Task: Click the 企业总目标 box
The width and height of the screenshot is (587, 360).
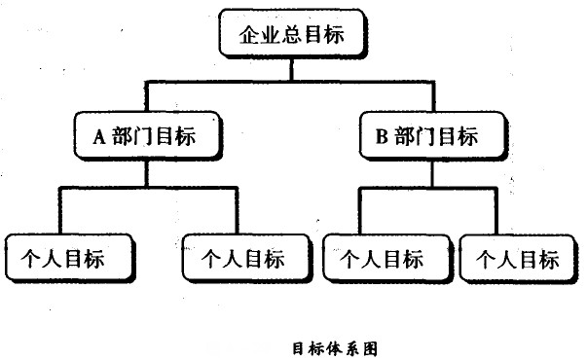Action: click(x=291, y=38)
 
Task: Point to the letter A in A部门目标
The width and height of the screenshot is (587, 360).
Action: click(x=98, y=137)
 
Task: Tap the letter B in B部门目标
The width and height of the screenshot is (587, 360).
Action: click(x=381, y=137)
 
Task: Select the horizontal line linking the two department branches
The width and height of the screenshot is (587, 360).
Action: click(x=291, y=79)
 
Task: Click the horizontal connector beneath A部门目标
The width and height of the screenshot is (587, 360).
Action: click(x=146, y=188)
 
